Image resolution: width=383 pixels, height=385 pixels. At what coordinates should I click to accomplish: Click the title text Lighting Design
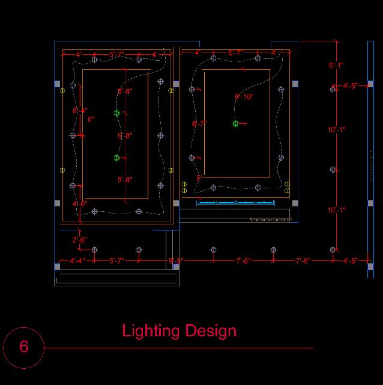[179, 331]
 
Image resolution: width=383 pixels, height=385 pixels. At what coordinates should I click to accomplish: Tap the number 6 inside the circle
[24, 346]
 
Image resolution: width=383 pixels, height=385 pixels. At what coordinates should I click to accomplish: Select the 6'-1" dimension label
[336, 64]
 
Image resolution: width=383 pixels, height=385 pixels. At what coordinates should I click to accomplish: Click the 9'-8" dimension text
[176, 260]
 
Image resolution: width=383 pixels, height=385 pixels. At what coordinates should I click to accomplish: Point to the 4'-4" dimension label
[77, 260]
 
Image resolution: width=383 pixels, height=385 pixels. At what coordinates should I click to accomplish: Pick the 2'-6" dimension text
[80, 240]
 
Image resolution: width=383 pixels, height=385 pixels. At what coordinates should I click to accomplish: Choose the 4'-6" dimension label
[80, 204]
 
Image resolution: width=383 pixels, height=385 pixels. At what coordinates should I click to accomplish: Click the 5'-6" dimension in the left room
[125, 91]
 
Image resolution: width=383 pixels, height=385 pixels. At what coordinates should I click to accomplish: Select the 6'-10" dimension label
[244, 96]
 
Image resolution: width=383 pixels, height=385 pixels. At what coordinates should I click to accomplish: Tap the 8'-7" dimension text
[199, 123]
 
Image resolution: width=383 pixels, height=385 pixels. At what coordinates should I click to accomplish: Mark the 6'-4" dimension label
[80, 111]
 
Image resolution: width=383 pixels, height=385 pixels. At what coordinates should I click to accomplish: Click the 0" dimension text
[91, 120]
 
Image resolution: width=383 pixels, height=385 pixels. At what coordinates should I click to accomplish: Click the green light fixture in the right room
[235, 123]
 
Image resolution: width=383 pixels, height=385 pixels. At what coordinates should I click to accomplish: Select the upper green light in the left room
[116, 113]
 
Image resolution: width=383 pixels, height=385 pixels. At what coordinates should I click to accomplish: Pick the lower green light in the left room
[116, 158]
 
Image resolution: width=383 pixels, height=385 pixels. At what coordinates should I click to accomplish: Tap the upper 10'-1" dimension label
[336, 129]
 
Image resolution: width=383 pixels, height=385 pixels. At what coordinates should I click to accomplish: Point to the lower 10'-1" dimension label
[336, 210]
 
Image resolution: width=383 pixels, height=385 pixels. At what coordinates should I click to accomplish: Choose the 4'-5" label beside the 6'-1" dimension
[350, 86]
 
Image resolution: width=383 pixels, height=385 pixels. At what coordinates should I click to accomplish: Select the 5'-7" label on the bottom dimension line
[116, 260]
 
